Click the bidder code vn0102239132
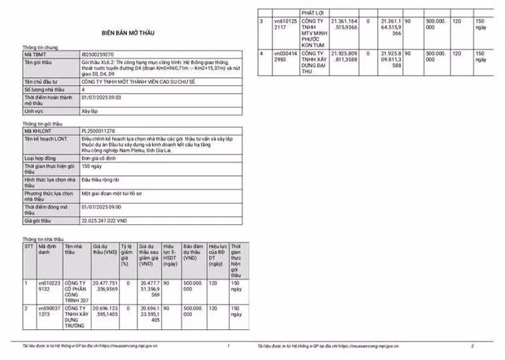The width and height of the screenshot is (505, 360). [49, 286]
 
